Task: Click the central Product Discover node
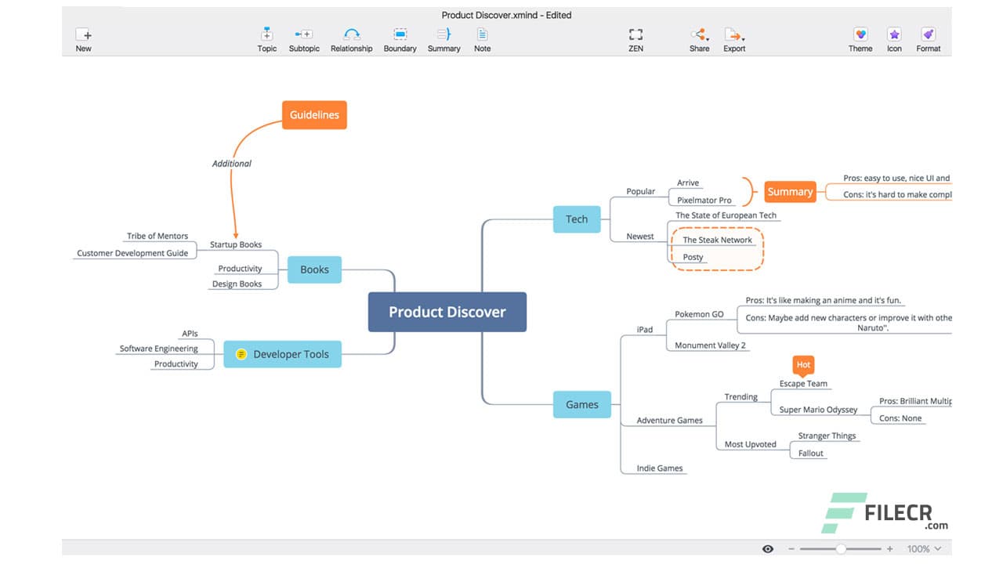click(x=447, y=312)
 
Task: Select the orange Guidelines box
click(x=314, y=115)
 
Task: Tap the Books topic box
click(x=314, y=269)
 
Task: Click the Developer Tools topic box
click(x=283, y=354)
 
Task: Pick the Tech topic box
click(x=577, y=219)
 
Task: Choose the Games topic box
click(x=581, y=404)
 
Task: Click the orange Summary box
click(x=790, y=192)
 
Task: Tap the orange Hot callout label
click(x=803, y=365)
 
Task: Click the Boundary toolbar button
click(x=400, y=40)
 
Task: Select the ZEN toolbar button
click(x=635, y=40)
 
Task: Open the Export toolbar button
click(x=733, y=40)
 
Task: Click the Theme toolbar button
click(x=860, y=40)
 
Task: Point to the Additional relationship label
click(x=232, y=164)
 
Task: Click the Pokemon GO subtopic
click(x=699, y=314)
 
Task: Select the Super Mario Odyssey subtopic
click(x=818, y=410)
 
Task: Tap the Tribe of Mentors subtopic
click(x=158, y=236)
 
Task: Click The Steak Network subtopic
click(x=717, y=240)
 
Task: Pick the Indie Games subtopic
click(x=660, y=468)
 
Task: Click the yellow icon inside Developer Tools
click(x=241, y=354)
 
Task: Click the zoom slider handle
click(x=841, y=549)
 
